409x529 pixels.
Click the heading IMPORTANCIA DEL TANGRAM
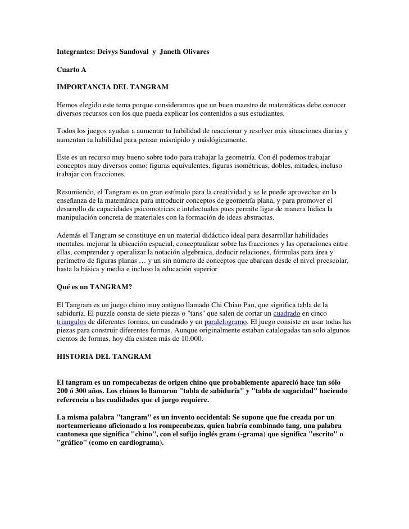tap(112, 88)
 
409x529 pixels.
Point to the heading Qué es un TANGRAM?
tap(94, 287)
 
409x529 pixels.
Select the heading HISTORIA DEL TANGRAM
tap(104, 357)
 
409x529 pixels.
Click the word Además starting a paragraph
tap(71, 235)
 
